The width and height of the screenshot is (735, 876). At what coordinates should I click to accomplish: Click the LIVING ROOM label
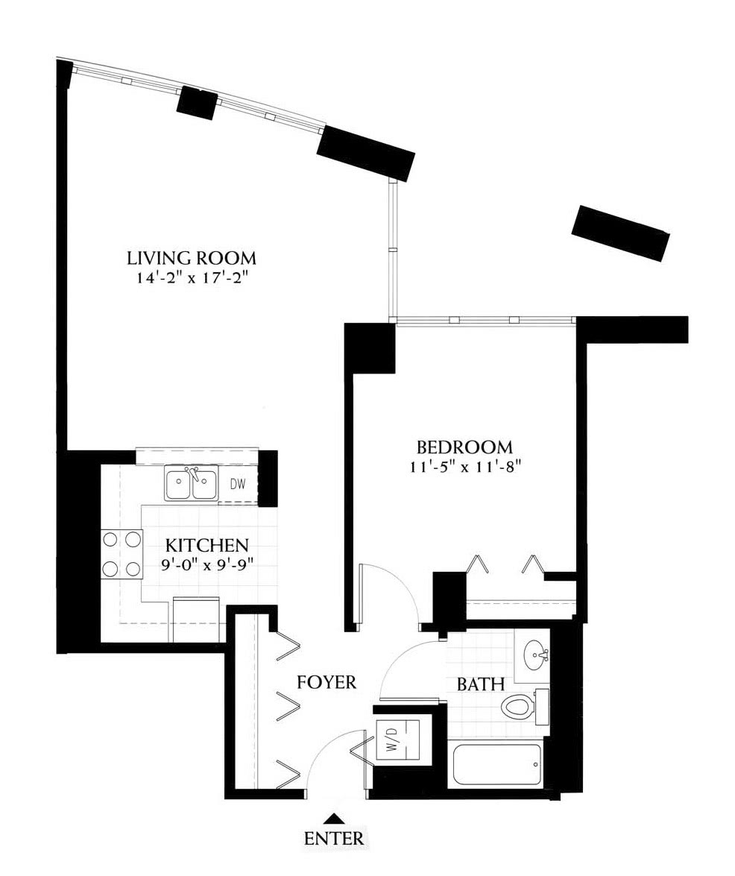192,258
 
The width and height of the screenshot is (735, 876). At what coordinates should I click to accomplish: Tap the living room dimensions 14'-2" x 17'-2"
192,277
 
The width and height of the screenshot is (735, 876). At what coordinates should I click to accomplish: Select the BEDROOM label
464,447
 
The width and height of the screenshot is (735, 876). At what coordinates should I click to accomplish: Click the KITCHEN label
206,545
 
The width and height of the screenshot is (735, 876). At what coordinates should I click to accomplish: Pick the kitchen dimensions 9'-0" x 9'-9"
206,564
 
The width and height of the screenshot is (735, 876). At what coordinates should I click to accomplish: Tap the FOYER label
327,682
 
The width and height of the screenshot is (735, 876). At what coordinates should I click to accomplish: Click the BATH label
480,684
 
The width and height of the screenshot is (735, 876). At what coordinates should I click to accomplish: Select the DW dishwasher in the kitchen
237,485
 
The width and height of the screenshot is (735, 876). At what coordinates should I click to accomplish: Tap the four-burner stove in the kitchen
121,554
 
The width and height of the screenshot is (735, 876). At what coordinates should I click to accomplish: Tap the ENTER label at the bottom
333,838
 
